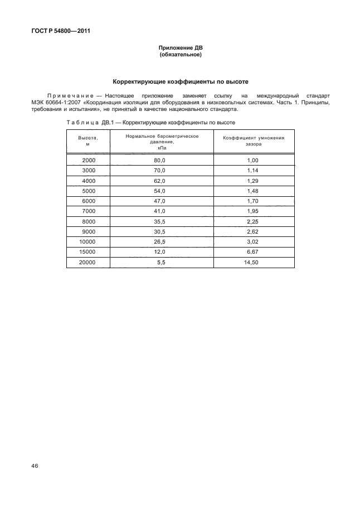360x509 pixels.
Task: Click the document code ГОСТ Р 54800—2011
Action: click(57, 31)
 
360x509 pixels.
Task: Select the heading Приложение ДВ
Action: click(180, 49)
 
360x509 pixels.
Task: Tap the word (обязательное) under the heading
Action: click(180, 55)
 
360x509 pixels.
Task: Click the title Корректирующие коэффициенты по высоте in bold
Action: click(180, 81)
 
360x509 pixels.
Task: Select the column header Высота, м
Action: click(88, 140)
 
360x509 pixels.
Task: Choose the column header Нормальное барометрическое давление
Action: click(162, 140)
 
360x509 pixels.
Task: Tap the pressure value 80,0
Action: click(160, 160)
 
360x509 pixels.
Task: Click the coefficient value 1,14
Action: click(253, 170)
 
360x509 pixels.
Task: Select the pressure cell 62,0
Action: click(160, 181)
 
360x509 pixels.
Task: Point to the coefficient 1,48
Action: click(253, 191)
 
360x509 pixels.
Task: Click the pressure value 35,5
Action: click(160, 221)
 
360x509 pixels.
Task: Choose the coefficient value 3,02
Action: click(253, 242)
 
